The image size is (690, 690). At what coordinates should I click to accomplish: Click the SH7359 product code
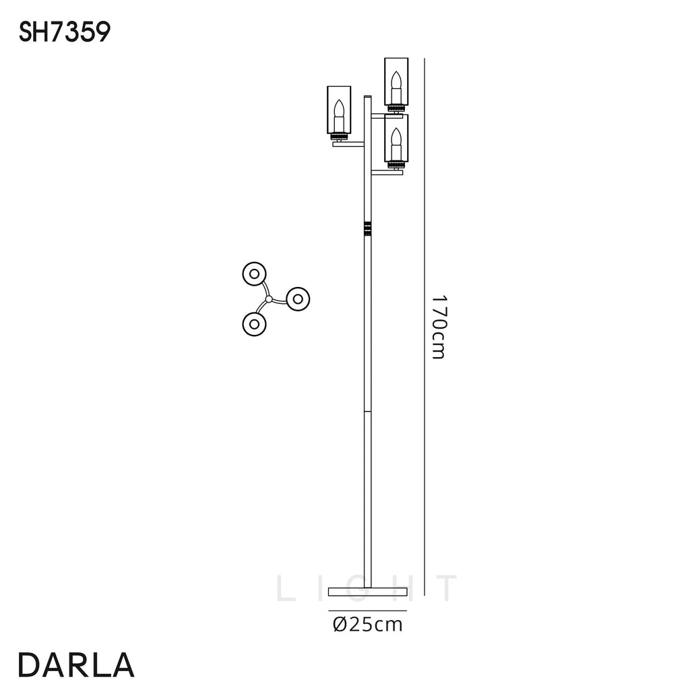[64, 32]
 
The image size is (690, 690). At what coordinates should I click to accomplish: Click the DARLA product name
[75, 664]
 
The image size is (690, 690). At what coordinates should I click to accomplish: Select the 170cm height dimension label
[438, 327]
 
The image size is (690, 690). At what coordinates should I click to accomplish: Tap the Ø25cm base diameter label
[368, 625]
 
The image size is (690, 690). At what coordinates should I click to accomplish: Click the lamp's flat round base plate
[368, 592]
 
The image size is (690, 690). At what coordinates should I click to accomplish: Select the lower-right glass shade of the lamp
[396, 139]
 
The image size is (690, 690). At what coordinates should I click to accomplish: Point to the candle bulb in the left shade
[340, 111]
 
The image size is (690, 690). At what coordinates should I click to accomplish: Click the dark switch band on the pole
[367, 228]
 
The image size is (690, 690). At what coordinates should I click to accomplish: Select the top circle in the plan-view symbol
[254, 274]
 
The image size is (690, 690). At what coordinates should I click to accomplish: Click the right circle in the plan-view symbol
[297, 299]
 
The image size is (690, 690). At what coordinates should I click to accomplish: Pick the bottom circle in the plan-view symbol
[254, 323]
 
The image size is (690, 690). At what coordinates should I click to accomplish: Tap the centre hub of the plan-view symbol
[269, 299]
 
